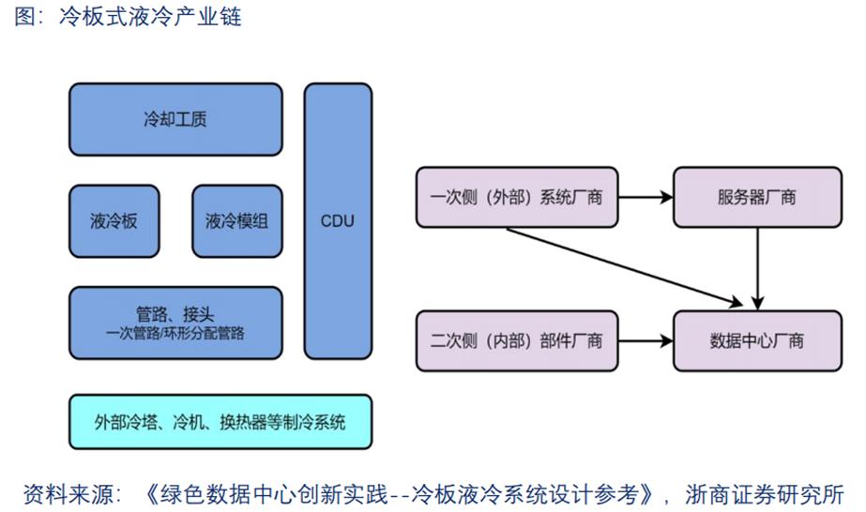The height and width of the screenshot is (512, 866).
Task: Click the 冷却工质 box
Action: [x=175, y=119]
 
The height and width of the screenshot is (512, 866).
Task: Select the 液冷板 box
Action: [x=114, y=221]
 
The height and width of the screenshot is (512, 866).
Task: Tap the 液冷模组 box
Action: [x=236, y=221]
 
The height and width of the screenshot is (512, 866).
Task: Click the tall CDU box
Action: [x=338, y=221]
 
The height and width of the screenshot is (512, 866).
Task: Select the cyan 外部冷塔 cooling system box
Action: [x=220, y=422]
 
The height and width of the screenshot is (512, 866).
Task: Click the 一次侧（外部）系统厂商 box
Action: [x=516, y=198]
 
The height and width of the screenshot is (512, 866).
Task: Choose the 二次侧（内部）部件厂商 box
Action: [x=516, y=339]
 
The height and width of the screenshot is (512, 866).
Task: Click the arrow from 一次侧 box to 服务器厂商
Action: [x=646, y=198]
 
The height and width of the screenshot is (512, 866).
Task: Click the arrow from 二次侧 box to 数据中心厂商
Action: [x=646, y=339]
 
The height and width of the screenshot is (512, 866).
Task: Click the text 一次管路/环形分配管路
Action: [x=175, y=332]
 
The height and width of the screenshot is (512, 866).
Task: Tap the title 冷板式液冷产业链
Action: [x=150, y=17]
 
